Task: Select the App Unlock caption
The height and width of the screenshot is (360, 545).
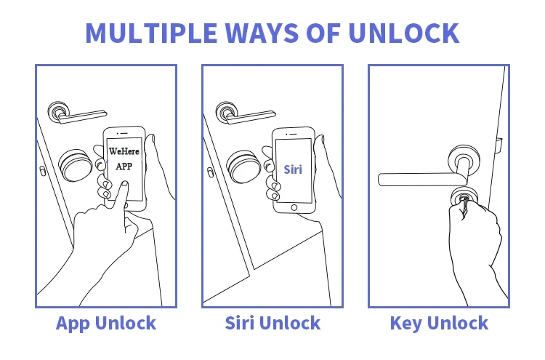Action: (x=106, y=323)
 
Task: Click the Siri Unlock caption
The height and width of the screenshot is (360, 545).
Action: (x=272, y=323)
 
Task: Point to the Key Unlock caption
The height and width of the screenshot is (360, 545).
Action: (x=439, y=323)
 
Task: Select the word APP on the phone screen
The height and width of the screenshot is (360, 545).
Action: (x=124, y=166)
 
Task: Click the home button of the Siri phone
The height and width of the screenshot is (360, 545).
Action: (x=294, y=207)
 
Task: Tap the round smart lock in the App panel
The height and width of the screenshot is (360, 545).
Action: (x=75, y=165)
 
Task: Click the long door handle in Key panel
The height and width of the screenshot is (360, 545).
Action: (x=418, y=177)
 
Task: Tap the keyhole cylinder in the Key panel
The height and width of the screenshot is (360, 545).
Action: (x=463, y=195)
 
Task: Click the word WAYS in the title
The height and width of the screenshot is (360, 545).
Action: (x=280, y=33)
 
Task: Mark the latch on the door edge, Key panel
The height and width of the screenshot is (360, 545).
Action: (x=498, y=146)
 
